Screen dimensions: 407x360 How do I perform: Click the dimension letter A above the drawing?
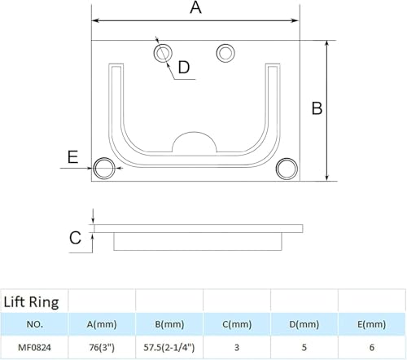pyautogui.click(x=195, y=7)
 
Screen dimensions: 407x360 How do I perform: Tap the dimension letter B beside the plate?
pyautogui.click(x=317, y=108)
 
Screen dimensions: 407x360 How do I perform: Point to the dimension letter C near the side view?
pyautogui.click(x=75, y=238)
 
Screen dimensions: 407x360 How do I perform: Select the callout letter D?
pyautogui.click(x=184, y=67)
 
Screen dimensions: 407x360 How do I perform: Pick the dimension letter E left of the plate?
pyautogui.click(x=72, y=157)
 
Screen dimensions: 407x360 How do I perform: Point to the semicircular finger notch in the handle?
pyautogui.click(x=195, y=133)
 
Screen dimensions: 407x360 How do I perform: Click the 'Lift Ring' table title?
pyautogui.click(x=31, y=302)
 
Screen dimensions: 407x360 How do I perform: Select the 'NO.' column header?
pyautogui.click(x=34, y=324)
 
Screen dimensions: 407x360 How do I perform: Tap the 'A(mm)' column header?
pyautogui.click(x=102, y=324)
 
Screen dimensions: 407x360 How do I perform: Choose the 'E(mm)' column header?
pyautogui.click(x=371, y=324)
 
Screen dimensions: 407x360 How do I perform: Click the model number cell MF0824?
pyautogui.click(x=34, y=348)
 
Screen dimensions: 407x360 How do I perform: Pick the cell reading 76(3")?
pyautogui.click(x=102, y=348)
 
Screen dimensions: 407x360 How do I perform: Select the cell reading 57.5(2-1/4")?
pyautogui.click(x=169, y=348)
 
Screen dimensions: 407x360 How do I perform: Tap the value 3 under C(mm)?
pyautogui.click(x=237, y=348)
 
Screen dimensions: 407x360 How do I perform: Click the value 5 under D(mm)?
pyautogui.click(x=304, y=348)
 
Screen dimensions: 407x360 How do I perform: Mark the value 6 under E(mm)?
pyautogui.click(x=372, y=348)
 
